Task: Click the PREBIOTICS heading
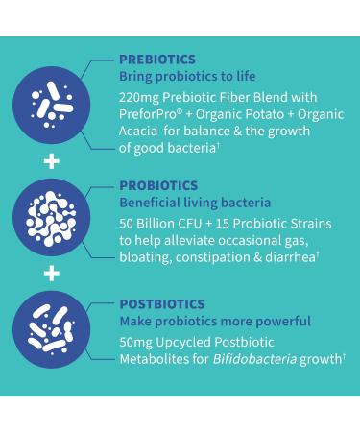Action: coord(156,60)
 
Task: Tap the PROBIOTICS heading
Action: coord(158,185)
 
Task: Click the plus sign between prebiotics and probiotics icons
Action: coord(51,161)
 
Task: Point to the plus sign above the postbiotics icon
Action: coord(51,276)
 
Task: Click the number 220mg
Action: coord(139,98)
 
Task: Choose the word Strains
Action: coord(307,223)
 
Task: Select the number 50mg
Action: coord(136,342)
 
